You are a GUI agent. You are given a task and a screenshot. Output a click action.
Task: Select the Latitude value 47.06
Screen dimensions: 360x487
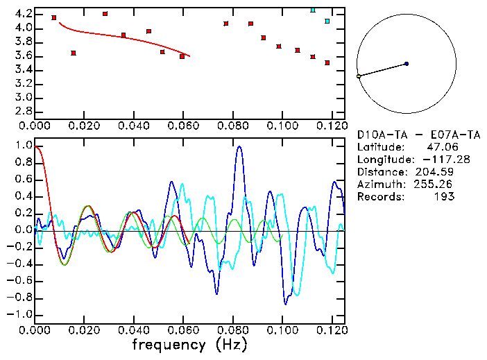point(443,147)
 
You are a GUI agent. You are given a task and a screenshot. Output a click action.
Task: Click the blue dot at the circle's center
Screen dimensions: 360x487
point(407,64)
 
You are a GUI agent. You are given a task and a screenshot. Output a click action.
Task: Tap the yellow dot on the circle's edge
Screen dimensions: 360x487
point(359,76)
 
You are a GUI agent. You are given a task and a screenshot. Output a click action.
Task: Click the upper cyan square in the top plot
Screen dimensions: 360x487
point(313,10)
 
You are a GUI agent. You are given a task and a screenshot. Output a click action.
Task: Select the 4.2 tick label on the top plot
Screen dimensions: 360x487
point(24,14)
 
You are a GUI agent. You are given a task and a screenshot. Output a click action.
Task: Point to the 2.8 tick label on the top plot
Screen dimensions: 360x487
point(24,111)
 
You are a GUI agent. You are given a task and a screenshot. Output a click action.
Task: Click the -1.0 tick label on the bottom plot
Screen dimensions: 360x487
point(21,314)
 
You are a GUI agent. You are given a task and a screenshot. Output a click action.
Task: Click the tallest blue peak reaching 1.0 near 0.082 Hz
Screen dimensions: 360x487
point(239,146)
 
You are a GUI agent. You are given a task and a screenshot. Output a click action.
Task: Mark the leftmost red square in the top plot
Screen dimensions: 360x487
point(54,17)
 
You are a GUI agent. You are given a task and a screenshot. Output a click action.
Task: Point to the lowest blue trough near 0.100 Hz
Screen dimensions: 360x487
point(285,303)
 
